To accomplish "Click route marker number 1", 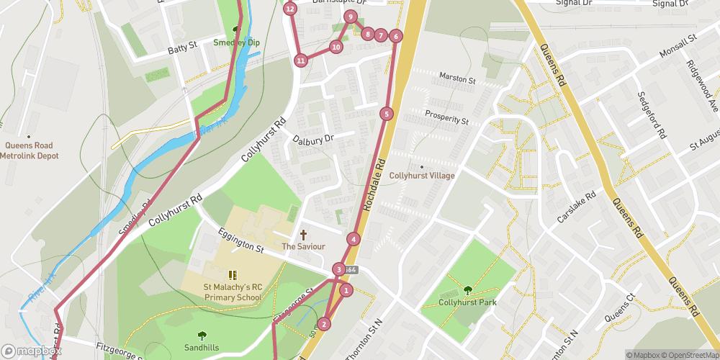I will tap(346, 291).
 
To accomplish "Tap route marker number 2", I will tap(325, 324).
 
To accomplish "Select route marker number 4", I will tap(354, 239).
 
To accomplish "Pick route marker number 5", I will tap(387, 114).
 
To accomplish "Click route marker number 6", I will tap(395, 36).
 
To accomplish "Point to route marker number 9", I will tap(351, 17).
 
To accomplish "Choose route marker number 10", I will tap(336, 47).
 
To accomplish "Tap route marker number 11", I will tap(300, 60).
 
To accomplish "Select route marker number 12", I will tap(289, 9).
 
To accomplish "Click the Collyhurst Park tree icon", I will tap(467, 290).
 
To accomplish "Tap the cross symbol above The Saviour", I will tap(303, 235).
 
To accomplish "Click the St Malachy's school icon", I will tap(233, 274).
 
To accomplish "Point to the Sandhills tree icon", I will tap(202, 335).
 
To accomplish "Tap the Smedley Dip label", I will tap(236, 42).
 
